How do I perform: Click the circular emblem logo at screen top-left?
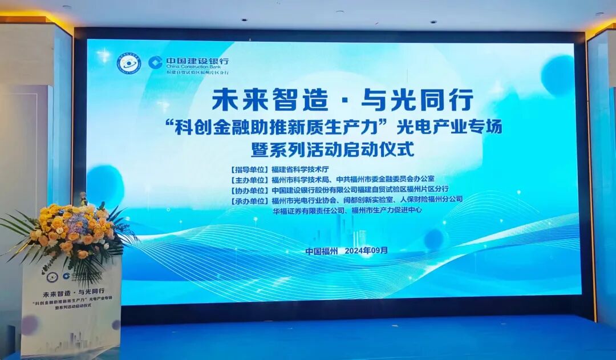128,64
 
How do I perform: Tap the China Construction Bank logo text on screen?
188,64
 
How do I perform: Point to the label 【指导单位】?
249,169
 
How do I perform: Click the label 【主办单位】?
249,180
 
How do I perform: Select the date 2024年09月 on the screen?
366,250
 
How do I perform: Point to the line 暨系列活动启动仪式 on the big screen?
332,149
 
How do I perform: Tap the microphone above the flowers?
83,199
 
